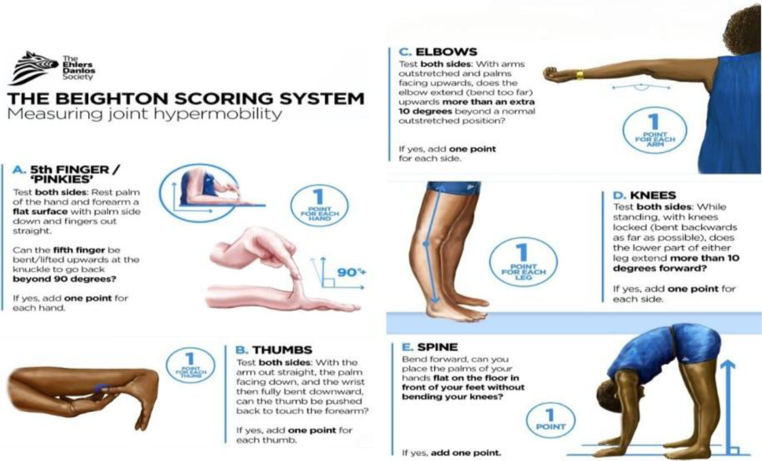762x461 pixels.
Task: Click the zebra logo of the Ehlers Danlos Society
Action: [33, 67]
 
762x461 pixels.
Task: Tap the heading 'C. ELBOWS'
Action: [438, 52]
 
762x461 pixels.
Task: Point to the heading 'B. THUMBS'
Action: [274, 350]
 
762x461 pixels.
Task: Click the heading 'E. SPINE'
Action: [430, 347]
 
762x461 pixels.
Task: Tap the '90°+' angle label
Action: [351, 273]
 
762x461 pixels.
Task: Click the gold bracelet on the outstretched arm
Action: [580, 75]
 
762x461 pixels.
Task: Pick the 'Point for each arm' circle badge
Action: [655, 130]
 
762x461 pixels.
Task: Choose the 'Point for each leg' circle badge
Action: [523, 262]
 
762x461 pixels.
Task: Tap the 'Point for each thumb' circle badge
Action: [190, 365]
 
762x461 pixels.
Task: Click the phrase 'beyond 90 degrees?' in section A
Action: [64, 279]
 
